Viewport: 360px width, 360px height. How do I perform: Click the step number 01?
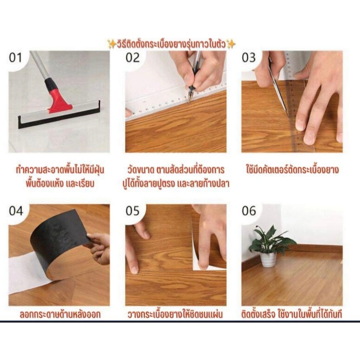[x=15, y=58]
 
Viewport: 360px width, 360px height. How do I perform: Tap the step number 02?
[x=133, y=58]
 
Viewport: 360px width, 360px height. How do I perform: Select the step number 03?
[x=249, y=58]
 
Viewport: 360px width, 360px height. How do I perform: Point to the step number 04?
[x=16, y=211]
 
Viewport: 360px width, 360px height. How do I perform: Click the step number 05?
[x=133, y=211]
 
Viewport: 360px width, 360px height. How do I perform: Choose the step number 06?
[x=249, y=211]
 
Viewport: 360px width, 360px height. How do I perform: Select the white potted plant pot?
[x=268, y=260]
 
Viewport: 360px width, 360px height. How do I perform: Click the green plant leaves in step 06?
[x=272, y=239]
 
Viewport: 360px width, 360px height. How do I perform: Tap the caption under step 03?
[x=292, y=170]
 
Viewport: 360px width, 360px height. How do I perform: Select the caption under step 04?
[x=60, y=314]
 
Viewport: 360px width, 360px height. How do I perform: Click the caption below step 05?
[x=175, y=314]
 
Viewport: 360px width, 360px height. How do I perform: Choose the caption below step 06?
[x=292, y=314]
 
